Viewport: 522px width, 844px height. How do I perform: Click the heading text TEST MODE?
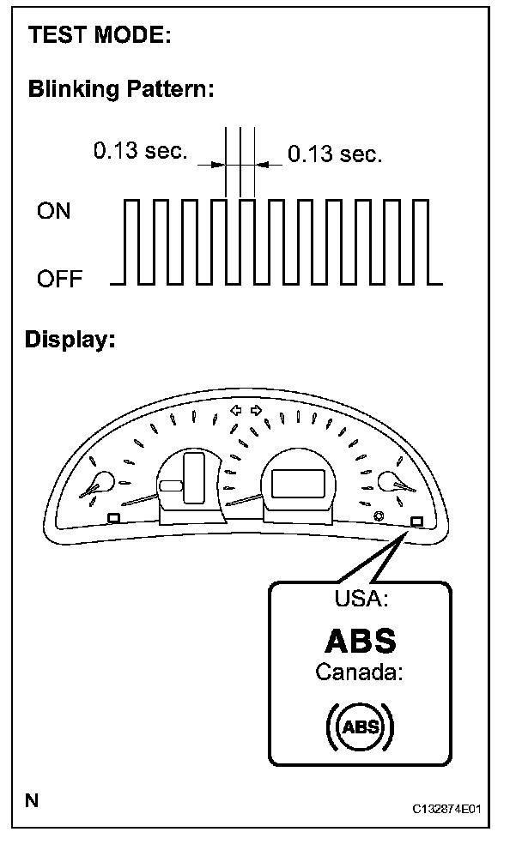[x=100, y=36]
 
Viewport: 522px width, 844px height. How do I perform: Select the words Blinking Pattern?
[x=120, y=88]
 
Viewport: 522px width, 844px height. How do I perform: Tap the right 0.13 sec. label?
[x=335, y=154]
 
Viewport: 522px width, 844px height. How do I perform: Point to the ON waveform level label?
[x=54, y=211]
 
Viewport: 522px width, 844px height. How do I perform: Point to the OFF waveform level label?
[x=58, y=280]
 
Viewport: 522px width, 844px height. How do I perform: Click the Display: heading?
[x=70, y=339]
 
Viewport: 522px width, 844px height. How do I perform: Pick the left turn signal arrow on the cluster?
[x=237, y=410]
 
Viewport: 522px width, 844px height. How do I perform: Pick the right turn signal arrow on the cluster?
[x=256, y=410]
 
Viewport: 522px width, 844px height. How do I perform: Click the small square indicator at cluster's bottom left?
[x=113, y=517]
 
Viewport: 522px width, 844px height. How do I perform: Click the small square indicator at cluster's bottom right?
[x=416, y=521]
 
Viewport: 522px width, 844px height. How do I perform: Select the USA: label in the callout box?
[x=359, y=599]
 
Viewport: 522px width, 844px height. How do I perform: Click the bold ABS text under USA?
[x=361, y=641]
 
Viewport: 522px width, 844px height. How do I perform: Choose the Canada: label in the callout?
[x=359, y=672]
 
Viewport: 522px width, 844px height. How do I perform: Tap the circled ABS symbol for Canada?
[x=360, y=727]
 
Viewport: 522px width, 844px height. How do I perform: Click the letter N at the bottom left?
[x=32, y=801]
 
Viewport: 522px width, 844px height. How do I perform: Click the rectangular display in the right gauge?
[x=296, y=485]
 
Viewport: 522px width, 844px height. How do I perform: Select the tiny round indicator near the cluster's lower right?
[x=379, y=516]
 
